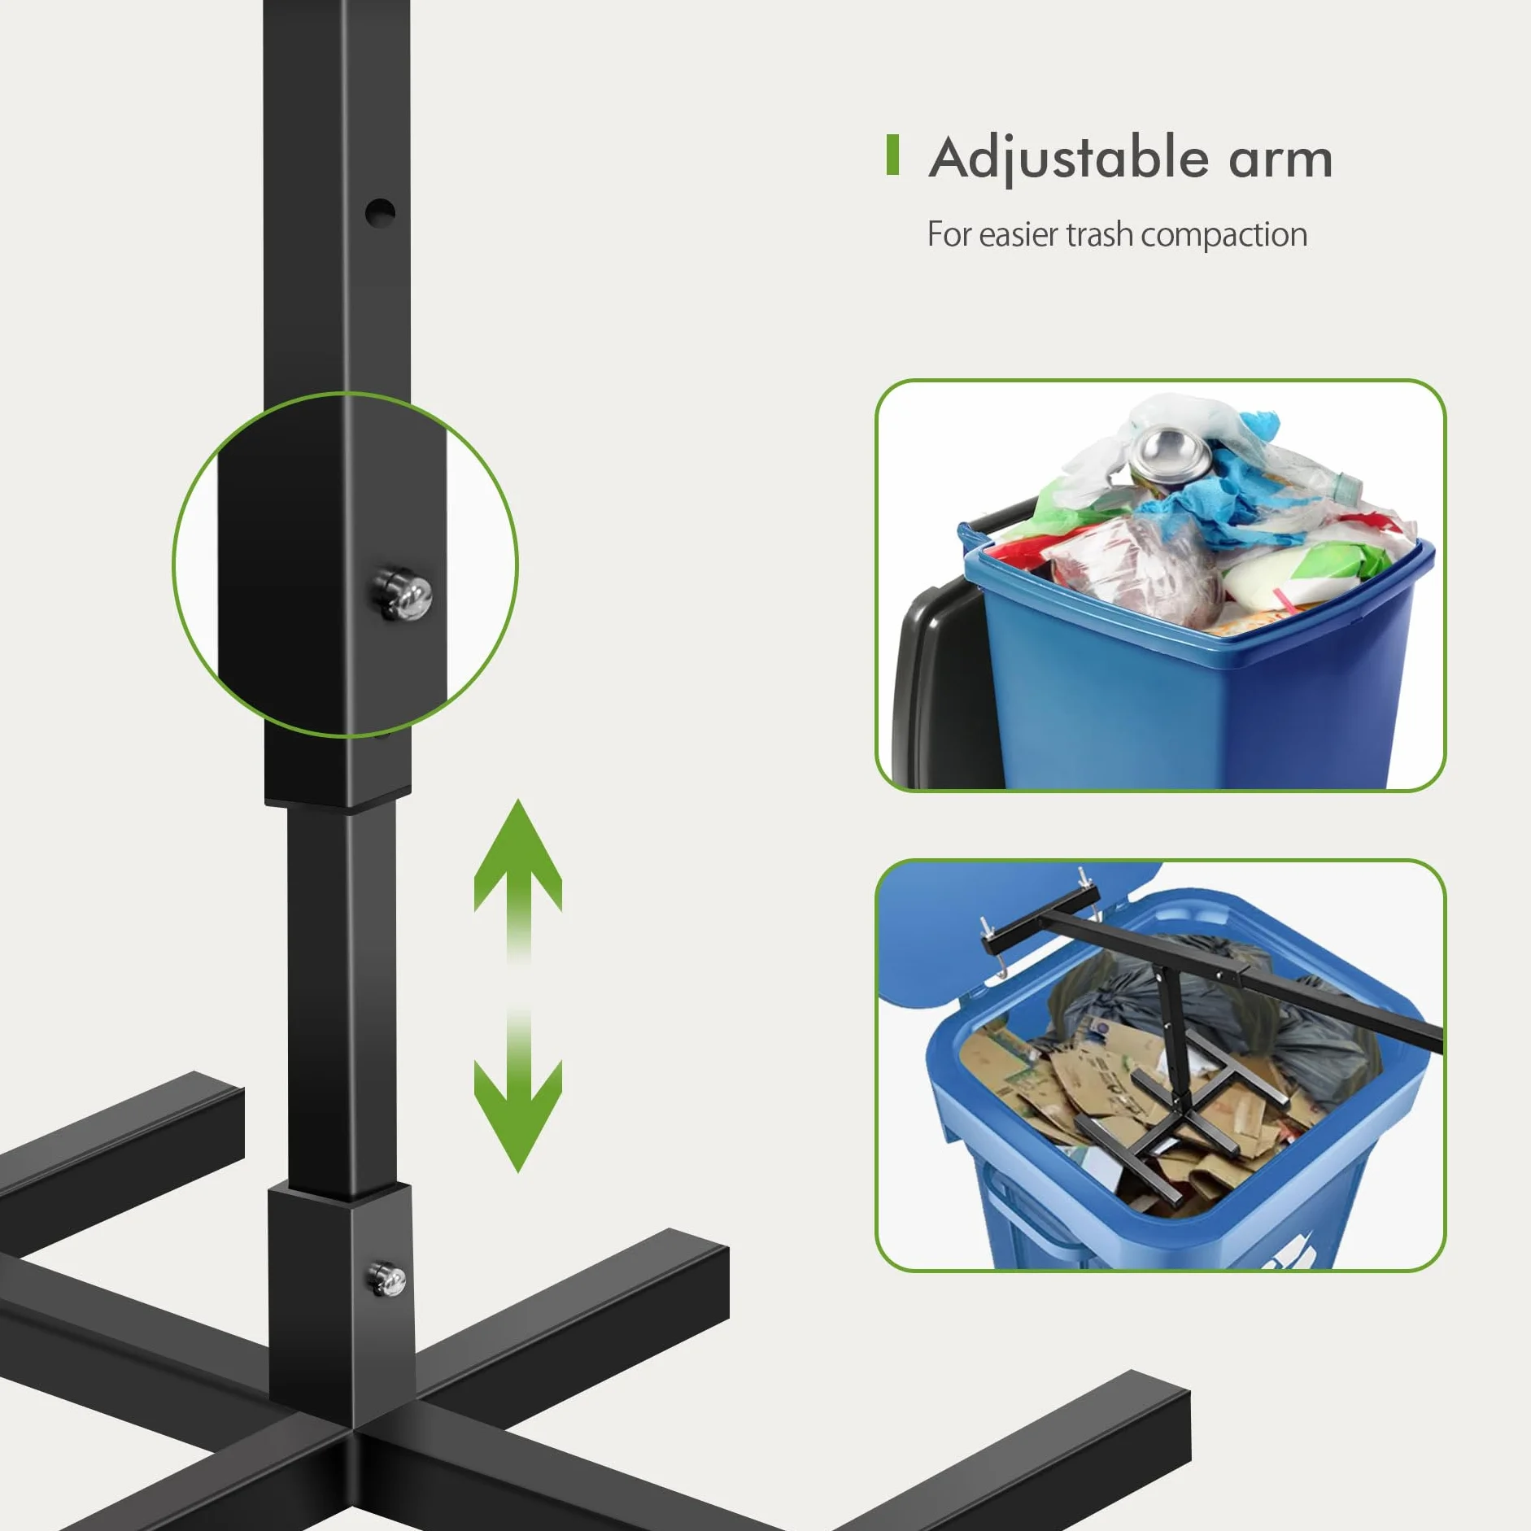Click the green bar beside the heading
click(892, 155)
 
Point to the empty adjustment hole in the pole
click(379, 213)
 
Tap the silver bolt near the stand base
click(387, 1279)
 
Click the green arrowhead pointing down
click(518, 1114)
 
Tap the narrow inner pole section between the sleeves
click(342, 1001)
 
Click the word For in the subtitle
click(949, 234)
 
